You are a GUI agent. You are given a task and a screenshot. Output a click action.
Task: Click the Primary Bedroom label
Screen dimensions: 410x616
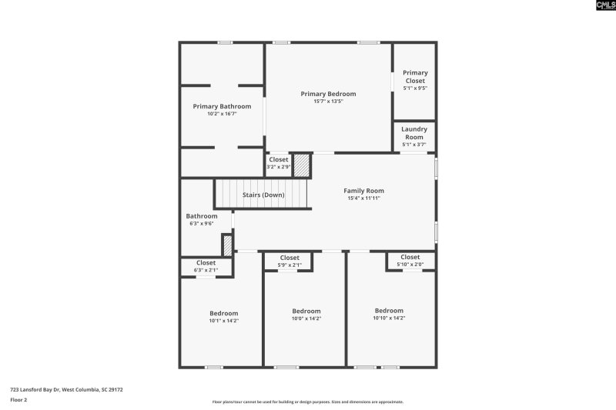(x=328, y=94)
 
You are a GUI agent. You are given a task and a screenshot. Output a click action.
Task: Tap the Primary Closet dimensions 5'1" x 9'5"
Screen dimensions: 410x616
(x=414, y=88)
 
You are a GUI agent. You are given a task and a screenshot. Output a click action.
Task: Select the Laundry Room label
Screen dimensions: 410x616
(x=414, y=133)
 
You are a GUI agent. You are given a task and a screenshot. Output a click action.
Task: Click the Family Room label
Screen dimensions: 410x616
(x=363, y=191)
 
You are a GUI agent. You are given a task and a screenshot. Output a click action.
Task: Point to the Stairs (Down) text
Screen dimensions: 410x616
(x=263, y=195)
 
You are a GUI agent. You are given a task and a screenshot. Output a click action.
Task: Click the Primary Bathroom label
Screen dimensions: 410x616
(x=222, y=106)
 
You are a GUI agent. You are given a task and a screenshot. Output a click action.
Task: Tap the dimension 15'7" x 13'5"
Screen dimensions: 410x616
(x=328, y=102)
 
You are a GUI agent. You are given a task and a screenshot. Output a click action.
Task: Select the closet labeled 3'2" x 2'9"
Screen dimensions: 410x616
(x=279, y=163)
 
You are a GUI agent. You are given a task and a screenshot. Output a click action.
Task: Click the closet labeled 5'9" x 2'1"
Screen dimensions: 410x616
(x=290, y=262)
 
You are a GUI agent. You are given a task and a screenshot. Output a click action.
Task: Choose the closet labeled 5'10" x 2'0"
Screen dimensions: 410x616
(x=410, y=261)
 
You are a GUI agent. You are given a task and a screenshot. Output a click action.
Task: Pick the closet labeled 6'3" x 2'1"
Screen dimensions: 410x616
(x=206, y=266)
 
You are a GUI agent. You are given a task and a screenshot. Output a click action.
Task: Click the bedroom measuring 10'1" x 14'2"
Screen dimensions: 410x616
(x=224, y=317)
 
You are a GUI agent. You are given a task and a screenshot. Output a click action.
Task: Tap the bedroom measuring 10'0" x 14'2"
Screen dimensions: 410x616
(x=306, y=315)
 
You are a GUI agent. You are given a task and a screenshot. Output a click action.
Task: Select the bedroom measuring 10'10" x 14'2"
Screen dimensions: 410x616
(x=389, y=314)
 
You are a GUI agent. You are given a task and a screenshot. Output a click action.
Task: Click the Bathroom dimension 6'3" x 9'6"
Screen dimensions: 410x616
(x=201, y=224)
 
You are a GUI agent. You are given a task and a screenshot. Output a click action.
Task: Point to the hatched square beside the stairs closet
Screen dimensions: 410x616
(x=303, y=165)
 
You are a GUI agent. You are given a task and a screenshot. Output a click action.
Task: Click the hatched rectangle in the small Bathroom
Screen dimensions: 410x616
(x=227, y=245)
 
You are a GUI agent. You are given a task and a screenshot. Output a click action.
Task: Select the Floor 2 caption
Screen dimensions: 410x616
(x=18, y=400)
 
